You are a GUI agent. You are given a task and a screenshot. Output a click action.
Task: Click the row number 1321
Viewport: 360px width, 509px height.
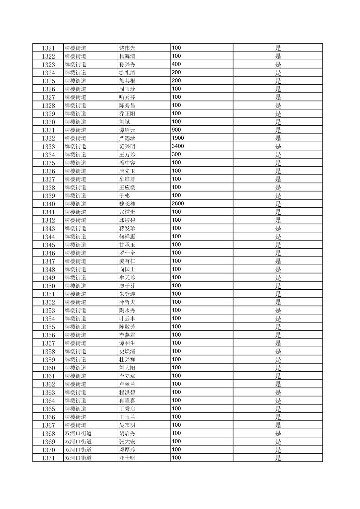pos(48,48)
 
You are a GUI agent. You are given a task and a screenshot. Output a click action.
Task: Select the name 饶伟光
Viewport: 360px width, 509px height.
pos(127,48)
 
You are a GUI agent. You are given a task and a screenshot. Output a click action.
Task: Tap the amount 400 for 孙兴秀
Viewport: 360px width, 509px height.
pos(176,64)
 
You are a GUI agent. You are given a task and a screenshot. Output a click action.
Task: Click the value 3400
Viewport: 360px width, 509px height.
pos(178,146)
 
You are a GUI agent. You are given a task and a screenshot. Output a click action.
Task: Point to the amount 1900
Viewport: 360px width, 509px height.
pos(178,138)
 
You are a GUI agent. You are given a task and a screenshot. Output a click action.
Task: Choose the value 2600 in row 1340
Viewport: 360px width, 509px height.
pos(178,204)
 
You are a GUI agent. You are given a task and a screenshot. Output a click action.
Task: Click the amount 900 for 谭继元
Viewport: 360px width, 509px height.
pos(176,130)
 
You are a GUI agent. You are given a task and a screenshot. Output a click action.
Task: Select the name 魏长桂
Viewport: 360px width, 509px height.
pos(127,204)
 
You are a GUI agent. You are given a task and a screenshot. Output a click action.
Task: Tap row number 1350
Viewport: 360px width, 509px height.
pos(48,286)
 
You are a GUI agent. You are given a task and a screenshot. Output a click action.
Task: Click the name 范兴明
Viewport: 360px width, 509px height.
pos(127,147)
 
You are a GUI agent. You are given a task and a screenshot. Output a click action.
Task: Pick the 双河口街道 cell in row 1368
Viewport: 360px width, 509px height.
pos(78,434)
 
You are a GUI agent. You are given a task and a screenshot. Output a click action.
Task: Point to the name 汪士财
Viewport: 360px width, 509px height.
pos(127,458)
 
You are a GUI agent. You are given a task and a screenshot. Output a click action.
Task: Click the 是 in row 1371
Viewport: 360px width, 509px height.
pos(278,458)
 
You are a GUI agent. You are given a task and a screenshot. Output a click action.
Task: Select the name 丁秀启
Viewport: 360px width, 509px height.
pos(127,409)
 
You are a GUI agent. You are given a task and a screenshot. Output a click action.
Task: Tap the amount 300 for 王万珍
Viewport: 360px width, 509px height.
pos(176,154)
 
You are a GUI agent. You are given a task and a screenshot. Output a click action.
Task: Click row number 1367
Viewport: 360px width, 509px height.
pos(48,425)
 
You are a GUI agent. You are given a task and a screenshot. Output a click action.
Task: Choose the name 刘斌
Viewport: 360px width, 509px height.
pos(125,122)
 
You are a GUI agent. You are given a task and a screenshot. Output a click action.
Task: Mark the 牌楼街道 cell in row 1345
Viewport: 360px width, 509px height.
pos(75,245)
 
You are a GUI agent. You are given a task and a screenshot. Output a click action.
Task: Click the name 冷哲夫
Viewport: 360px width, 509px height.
pos(127,302)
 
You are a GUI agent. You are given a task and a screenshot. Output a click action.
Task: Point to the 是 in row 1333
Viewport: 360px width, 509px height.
pos(278,147)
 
